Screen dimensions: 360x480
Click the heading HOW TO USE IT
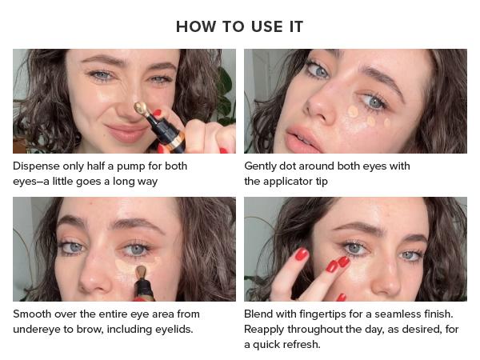[239, 26]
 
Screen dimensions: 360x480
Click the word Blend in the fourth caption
[259, 314]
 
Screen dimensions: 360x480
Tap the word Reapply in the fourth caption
[266, 329]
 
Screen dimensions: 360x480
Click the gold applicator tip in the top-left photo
[139, 107]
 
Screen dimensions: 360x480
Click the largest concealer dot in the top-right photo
[353, 111]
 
